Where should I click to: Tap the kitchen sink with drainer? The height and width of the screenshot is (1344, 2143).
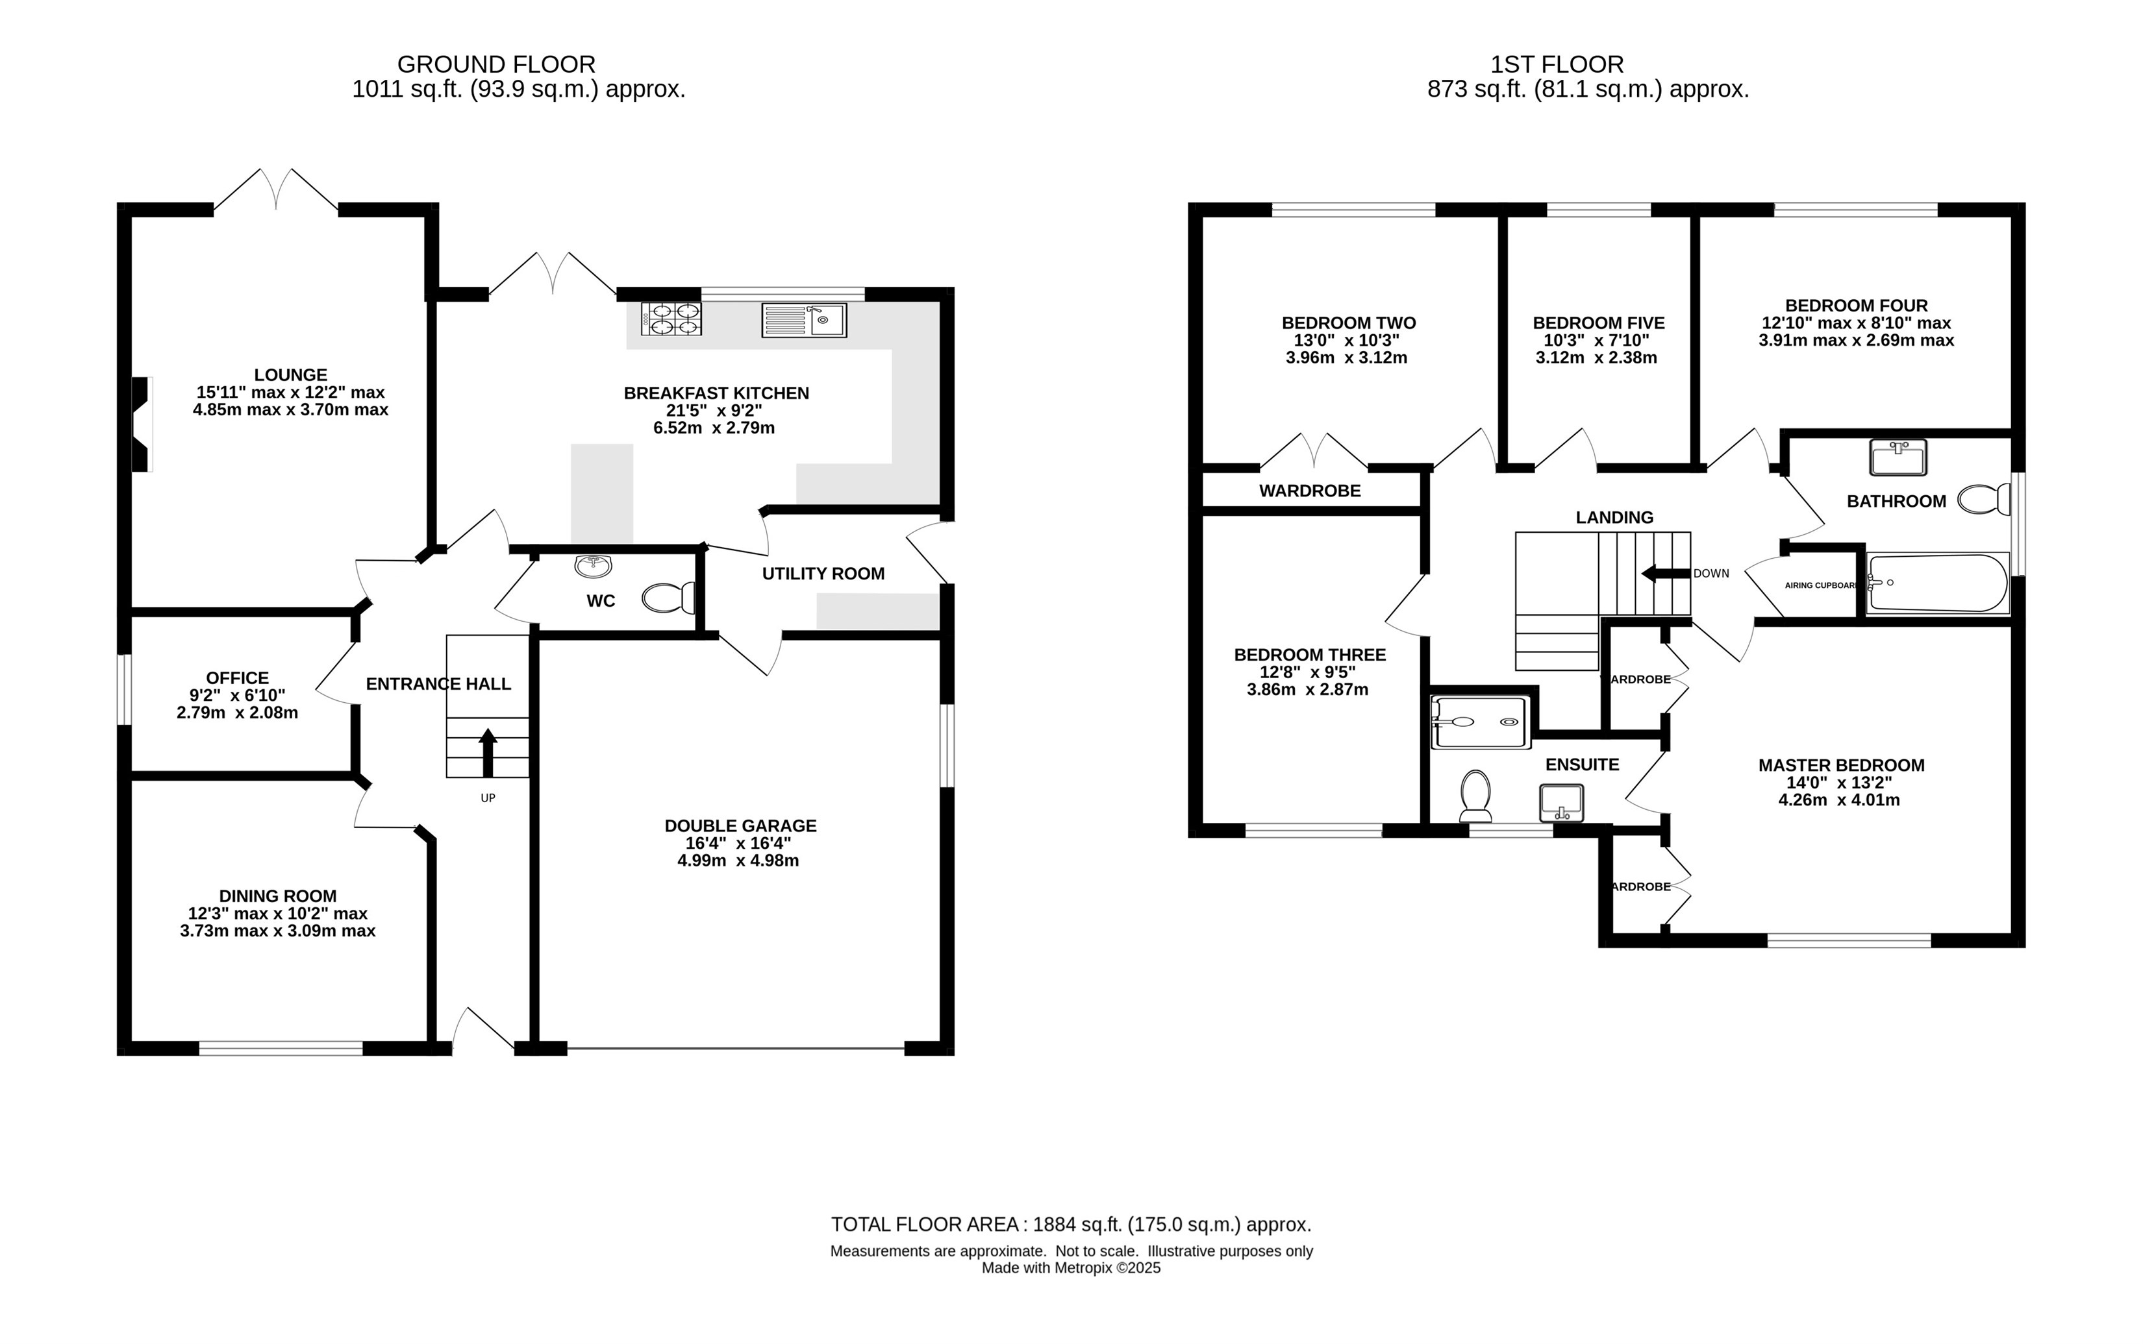pyautogui.click(x=804, y=320)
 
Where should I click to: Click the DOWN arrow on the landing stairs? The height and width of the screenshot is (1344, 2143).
pyautogui.click(x=1666, y=573)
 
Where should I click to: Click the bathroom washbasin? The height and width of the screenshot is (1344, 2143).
pyautogui.click(x=1898, y=457)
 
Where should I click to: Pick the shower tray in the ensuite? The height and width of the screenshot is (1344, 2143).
pyautogui.click(x=1481, y=722)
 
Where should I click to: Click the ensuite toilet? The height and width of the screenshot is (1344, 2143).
pyautogui.click(x=1476, y=796)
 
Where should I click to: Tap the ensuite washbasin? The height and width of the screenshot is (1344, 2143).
pyautogui.click(x=1561, y=803)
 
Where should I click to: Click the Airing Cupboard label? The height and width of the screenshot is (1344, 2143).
pyautogui.click(x=1821, y=585)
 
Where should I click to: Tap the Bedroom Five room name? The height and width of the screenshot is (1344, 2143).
pyautogui.click(x=1599, y=323)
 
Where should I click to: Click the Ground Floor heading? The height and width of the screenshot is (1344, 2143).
pyautogui.click(x=496, y=64)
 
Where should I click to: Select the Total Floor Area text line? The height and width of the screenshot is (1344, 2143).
pyautogui.click(x=1071, y=1224)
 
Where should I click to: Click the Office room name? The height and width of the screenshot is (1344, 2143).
pyautogui.click(x=238, y=678)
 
